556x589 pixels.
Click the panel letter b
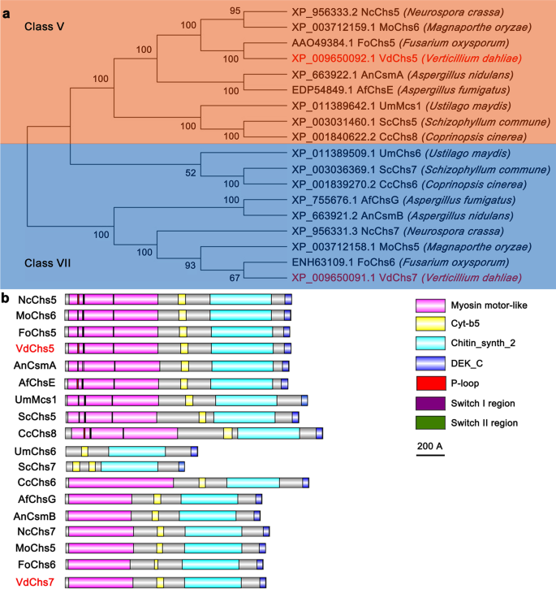click(6, 298)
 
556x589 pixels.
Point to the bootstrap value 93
click(212, 264)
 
